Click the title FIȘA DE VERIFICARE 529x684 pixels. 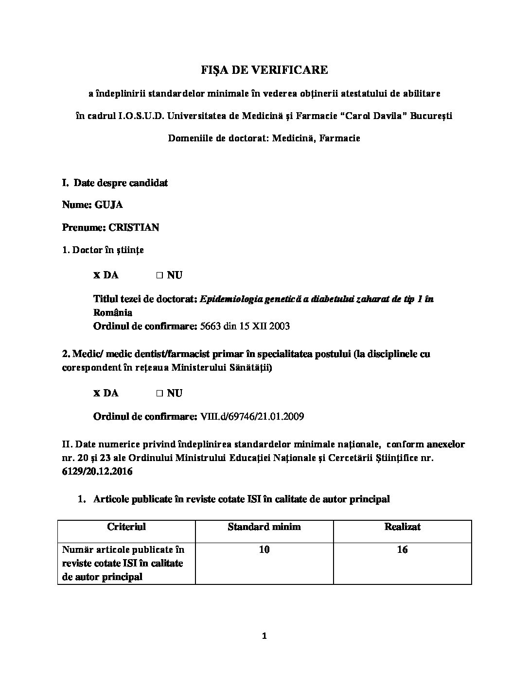(x=264, y=70)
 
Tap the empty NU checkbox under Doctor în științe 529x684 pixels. (x=159, y=275)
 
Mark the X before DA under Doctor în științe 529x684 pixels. (x=97, y=275)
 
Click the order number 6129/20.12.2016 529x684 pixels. (x=97, y=471)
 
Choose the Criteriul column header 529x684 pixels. (x=126, y=527)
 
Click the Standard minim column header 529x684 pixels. (x=264, y=527)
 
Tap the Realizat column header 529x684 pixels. (x=402, y=527)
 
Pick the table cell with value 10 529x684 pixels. (x=264, y=549)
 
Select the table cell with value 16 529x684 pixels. (x=402, y=549)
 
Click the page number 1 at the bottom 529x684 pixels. (x=264, y=636)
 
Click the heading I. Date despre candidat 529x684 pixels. (x=115, y=183)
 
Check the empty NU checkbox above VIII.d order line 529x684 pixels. (x=159, y=393)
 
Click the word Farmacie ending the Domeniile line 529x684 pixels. (x=340, y=138)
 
